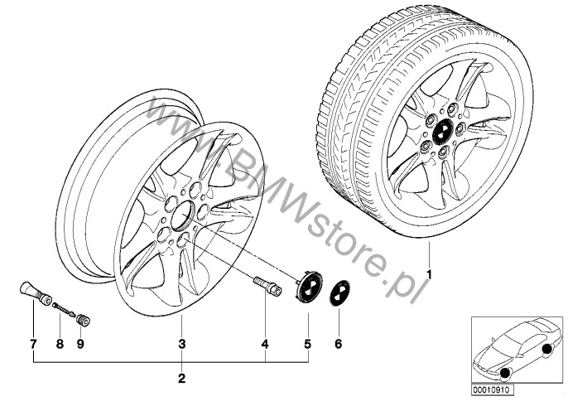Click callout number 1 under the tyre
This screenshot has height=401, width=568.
tap(430, 275)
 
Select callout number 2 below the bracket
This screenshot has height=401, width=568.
tap(182, 379)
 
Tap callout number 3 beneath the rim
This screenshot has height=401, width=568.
tap(182, 344)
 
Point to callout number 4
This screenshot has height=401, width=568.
tap(265, 344)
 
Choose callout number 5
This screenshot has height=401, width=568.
tap(307, 344)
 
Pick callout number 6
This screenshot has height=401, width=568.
tap(339, 344)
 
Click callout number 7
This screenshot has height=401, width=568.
tap(33, 344)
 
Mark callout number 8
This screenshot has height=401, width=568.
tap(60, 344)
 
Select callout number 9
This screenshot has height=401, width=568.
tap(80, 344)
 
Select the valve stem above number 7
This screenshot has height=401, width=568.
tap(35, 292)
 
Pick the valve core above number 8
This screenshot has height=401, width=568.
tap(64, 308)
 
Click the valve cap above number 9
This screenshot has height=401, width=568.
tap(84, 321)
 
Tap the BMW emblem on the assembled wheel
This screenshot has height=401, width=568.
tap(442, 131)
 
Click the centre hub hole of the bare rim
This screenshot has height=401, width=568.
tap(182, 215)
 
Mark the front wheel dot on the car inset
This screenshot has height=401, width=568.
tap(505, 373)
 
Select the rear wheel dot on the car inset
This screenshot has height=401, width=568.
tap(546, 349)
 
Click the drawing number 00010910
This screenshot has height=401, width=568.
tap(491, 390)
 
